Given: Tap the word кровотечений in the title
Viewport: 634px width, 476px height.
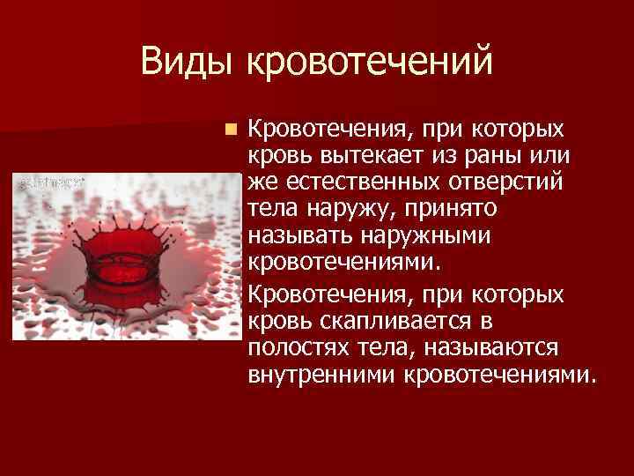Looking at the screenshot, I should (371, 63).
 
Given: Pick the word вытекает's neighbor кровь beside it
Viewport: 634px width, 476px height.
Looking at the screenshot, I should (275, 156).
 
